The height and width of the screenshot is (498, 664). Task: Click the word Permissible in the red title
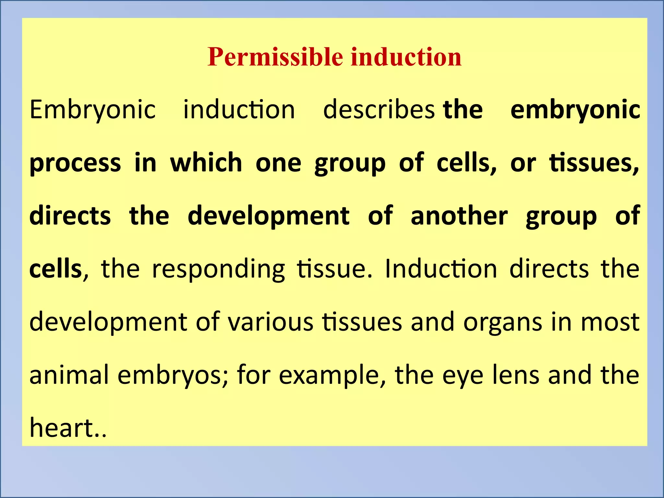tap(275, 57)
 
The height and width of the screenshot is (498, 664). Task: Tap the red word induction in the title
tap(406, 57)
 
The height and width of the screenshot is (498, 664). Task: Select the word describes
tap(379, 110)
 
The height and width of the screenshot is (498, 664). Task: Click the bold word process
tap(75, 163)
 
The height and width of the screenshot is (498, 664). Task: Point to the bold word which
tap(206, 162)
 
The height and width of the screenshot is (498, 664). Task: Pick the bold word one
tap(279, 163)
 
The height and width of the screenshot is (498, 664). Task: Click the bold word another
tap(459, 216)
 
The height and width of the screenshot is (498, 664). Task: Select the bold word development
tap(268, 217)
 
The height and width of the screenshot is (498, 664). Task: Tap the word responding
tap(218, 269)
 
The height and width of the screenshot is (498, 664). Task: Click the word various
tap(270, 322)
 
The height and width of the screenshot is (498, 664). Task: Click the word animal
tap(69, 375)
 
